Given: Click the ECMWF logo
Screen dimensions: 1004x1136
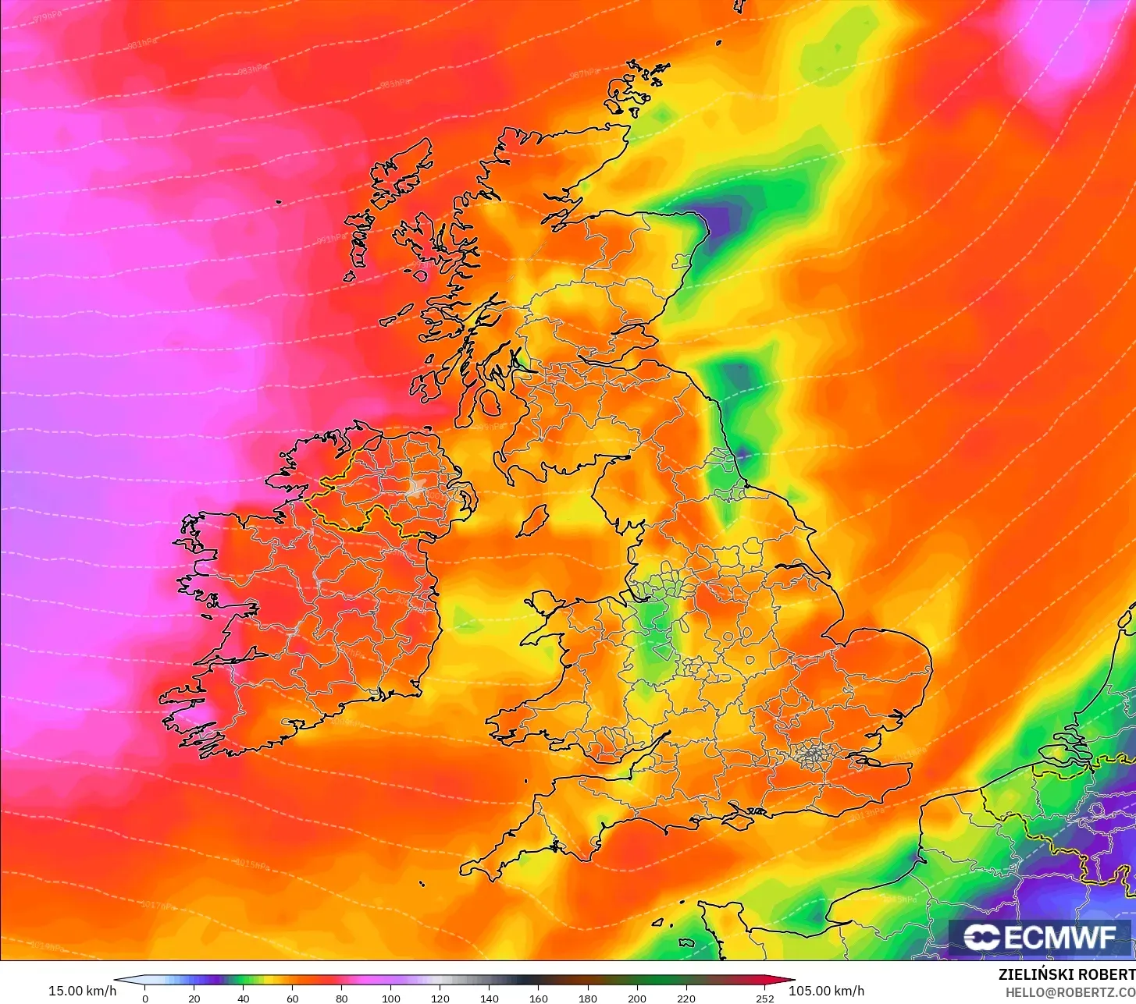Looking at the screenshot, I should pyautogui.click(x=1040, y=937).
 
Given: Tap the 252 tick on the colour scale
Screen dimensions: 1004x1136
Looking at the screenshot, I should pyautogui.click(x=765, y=998).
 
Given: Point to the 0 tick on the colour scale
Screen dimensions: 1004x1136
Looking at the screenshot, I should pyautogui.click(x=144, y=998).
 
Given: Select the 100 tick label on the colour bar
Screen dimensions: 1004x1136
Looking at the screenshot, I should pyautogui.click(x=391, y=998).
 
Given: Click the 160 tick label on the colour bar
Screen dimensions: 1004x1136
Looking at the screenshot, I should pyautogui.click(x=539, y=998).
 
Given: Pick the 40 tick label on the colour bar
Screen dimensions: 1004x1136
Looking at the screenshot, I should pyautogui.click(x=244, y=998).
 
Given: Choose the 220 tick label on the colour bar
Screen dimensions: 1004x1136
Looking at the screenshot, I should pyautogui.click(x=686, y=998).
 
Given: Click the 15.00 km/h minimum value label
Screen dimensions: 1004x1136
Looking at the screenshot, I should pyautogui.click(x=82, y=991).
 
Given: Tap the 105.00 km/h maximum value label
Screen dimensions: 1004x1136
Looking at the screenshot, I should pyautogui.click(x=826, y=991).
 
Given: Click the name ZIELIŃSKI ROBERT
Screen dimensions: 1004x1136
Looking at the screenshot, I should pyautogui.click(x=1067, y=974).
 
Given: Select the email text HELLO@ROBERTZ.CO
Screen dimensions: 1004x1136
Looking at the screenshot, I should pyautogui.click(x=1070, y=992).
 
